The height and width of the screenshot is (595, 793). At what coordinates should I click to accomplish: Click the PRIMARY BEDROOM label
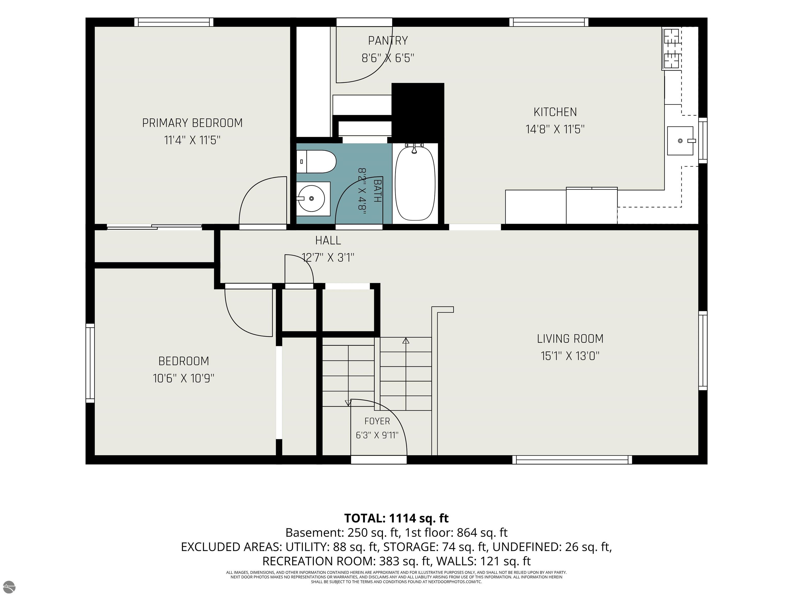[193, 123]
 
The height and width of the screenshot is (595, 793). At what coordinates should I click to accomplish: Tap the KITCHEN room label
[555, 112]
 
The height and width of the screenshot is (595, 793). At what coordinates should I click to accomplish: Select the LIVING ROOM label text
[570, 339]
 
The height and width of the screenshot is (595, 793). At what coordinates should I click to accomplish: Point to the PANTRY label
[388, 41]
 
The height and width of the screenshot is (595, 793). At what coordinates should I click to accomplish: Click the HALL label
[328, 240]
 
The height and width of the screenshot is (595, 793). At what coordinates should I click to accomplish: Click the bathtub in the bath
[415, 183]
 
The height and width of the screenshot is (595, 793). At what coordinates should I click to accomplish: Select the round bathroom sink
[311, 198]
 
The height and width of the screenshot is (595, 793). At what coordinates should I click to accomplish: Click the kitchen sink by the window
[680, 140]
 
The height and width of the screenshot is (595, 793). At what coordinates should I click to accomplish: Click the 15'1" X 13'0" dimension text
[570, 356]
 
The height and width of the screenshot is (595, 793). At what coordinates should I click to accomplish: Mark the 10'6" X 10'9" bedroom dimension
[184, 378]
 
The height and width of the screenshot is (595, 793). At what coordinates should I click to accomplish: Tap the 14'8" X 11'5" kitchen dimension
[555, 129]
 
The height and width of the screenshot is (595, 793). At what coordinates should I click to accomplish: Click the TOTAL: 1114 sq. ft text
[396, 518]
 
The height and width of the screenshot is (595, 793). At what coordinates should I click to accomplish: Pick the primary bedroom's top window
[174, 22]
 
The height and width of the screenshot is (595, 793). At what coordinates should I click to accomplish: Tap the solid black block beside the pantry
[418, 113]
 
